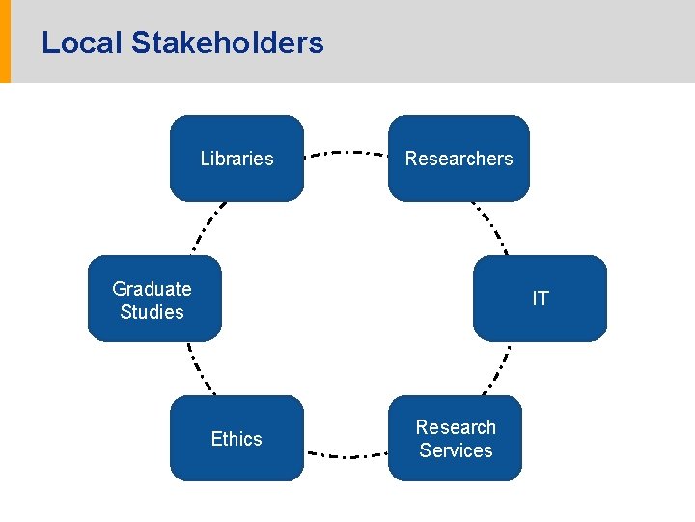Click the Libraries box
[236, 159]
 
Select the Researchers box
[459, 159]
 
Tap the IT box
[540, 299]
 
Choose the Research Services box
[455, 439]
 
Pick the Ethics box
[236, 439]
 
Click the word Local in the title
[81, 43]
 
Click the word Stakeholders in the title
[227, 43]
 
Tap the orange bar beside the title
[5, 42]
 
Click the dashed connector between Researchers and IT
[490, 228]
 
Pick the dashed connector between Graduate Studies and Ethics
[201, 369]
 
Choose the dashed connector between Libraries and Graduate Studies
[207, 228]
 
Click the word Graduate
[152, 288]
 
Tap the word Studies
[152, 311]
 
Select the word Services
[456, 450]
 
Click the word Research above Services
[456, 427]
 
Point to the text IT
[540, 299]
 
